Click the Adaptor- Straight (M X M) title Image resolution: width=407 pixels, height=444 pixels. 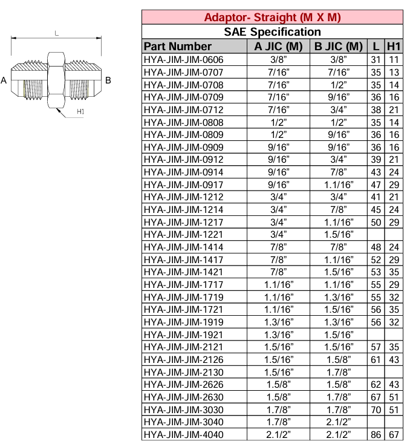pos(272,17)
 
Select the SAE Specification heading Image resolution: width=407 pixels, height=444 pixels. pos(272,31)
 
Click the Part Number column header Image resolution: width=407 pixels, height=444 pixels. pos(178,47)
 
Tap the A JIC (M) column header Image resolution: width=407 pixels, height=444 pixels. pos(278,47)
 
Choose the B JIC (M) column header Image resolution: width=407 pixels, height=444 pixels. pos(338,47)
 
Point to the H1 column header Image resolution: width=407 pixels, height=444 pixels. pos(394,47)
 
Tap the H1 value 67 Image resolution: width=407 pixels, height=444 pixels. pos(394,435)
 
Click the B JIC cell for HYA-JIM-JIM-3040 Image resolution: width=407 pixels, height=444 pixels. pos(338,422)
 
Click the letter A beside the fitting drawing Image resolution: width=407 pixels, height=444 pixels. pos(5,80)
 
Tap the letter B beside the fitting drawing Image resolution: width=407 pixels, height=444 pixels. pos(108,80)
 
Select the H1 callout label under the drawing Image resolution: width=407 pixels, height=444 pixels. pos(80,112)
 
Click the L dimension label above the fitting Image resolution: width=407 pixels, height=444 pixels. pos(56,34)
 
